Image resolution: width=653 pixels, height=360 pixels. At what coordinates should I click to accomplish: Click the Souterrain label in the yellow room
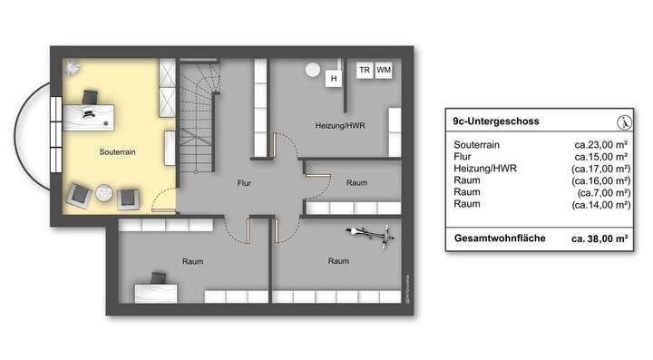[118, 153]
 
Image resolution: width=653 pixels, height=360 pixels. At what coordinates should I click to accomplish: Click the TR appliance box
[364, 70]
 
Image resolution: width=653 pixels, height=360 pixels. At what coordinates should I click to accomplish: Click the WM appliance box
[385, 70]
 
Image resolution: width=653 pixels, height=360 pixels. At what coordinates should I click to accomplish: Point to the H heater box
[334, 79]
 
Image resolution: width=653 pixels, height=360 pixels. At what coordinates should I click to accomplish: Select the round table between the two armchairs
[103, 193]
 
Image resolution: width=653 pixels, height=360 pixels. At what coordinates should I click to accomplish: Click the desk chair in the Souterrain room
[92, 97]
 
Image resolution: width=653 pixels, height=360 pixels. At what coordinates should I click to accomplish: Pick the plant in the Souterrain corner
[73, 67]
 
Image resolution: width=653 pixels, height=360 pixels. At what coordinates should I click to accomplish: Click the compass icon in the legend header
[622, 122]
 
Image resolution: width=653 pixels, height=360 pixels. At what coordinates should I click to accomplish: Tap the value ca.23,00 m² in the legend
[602, 144]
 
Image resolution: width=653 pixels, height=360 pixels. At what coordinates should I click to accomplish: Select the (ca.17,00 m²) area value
[600, 169]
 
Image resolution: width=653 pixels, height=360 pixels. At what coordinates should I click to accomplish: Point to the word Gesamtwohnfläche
[499, 239]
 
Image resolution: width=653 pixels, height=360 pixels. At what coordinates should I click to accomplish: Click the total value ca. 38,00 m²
[600, 239]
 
